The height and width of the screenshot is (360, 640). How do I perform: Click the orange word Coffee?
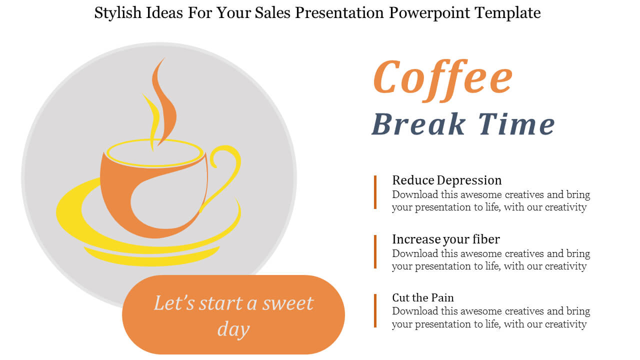[x=443, y=79]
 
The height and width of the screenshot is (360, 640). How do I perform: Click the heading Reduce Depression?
[x=447, y=180]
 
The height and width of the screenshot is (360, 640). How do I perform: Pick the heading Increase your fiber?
[x=446, y=239]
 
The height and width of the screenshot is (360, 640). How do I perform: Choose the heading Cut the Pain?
[x=423, y=297]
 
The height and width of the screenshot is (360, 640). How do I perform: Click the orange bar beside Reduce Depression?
[x=375, y=192]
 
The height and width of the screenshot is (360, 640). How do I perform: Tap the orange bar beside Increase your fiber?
[x=375, y=251]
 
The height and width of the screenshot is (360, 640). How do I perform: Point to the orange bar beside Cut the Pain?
[x=375, y=310]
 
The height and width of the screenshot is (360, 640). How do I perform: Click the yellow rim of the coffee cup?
[x=155, y=141]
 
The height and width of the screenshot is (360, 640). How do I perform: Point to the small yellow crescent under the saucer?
[x=151, y=258]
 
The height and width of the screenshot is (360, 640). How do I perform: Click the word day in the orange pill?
[x=233, y=329]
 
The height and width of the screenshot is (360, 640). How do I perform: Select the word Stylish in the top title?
[x=118, y=13]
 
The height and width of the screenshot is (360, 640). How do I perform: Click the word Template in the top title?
[x=507, y=13]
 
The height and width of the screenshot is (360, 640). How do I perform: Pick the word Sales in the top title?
[x=272, y=13]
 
